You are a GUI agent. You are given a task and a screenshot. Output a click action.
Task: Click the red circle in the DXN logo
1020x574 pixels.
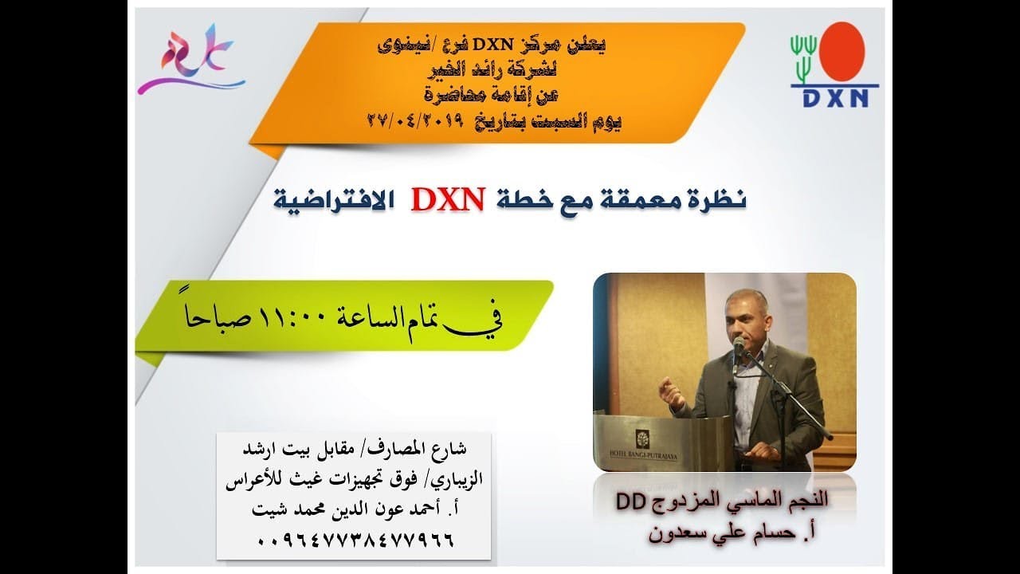[x=842, y=50]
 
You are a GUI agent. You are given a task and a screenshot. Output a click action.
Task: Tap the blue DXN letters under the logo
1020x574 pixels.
[x=834, y=96]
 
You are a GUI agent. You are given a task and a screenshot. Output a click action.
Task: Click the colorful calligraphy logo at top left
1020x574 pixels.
[x=190, y=61]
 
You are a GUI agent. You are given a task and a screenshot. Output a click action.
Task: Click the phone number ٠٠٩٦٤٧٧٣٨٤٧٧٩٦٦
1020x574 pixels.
[x=355, y=540]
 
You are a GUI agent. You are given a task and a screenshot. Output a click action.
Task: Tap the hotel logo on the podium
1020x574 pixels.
[x=641, y=437]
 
